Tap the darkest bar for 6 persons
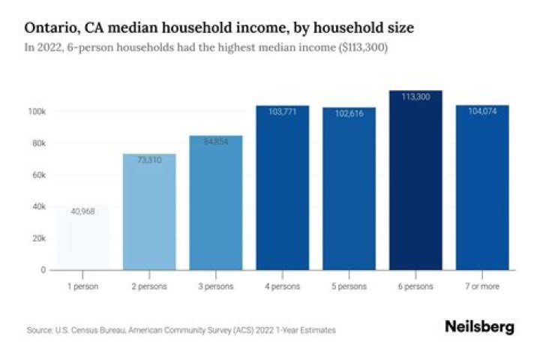(x=415, y=180)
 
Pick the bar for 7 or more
(x=482, y=187)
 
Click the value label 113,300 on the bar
(x=415, y=97)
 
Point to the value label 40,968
(x=82, y=211)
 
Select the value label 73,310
(x=149, y=160)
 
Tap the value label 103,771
(x=283, y=112)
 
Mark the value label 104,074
(x=482, y=112)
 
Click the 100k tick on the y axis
(x=37, y=111)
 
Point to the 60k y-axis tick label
(x=39, y=175)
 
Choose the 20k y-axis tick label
(x=39, y=238)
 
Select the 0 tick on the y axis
(x=43, y=269)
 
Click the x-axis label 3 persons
(x=216, y=286)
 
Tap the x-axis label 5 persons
(x=349, y=286)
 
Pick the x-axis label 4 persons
(x=283, y=286)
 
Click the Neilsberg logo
(x=479, y=327)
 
